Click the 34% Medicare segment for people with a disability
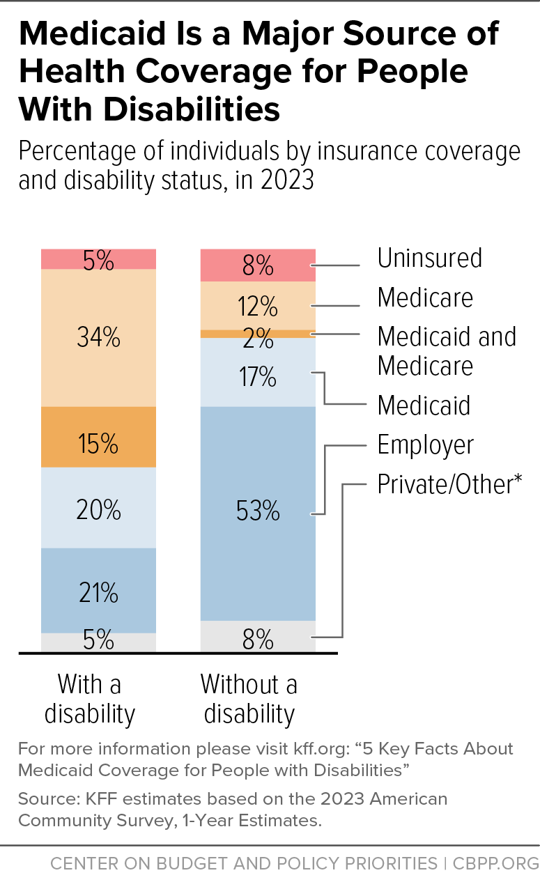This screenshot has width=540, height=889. tap(98, 338)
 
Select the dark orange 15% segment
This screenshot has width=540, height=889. tap(98, 437)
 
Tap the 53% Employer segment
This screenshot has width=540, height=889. tap(258, 513)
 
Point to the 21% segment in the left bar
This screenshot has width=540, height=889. tap(98, 591)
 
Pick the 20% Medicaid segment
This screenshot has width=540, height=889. tap(98, 508)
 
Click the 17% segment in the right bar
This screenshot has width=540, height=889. tap(258, 372)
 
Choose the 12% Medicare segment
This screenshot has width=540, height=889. tap(258, 306)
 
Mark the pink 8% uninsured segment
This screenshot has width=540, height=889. tap(258, 265)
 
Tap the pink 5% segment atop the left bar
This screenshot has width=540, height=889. tap(98, 259)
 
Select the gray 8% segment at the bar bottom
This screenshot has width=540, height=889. tap(258, 637)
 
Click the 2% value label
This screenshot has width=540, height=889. tap(258, 339)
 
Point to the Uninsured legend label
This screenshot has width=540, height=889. tap(430, 258)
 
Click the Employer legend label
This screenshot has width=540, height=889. tap(425, 445)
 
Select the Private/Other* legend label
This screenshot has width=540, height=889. tap(449, 484)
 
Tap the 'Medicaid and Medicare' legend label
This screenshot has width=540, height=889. tap(447, 351)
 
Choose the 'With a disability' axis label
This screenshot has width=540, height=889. tap(90, 699)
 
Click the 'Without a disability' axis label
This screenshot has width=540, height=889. tap(249, 699)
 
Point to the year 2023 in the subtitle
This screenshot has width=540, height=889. tap(287, 180)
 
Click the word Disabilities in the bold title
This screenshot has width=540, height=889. tap(192, 109)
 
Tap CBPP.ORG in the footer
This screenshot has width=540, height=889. tap(496, 864)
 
